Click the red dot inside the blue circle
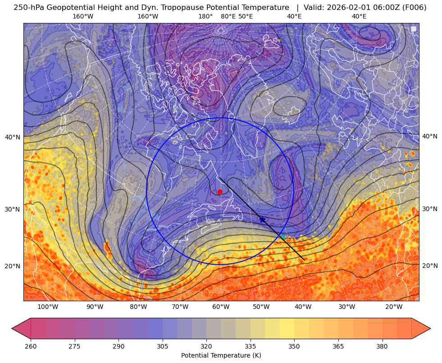click(220, 192)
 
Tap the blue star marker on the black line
click(262, 220)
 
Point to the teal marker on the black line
click(282, 237)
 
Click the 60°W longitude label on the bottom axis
click(221, 307)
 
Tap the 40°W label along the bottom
click(303, 307)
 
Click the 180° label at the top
click(205, 16)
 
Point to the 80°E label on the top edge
click(228, 16)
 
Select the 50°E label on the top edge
click(246, 16)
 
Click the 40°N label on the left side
click(13, 137)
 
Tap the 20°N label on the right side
click(430, 266)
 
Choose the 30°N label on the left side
click(13, 209)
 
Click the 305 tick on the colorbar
click(163, 346)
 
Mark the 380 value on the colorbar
click(382, 346)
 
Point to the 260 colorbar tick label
click(31, 346)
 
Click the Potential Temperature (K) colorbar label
click(221, 355)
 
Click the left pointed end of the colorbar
click(12, 328)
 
